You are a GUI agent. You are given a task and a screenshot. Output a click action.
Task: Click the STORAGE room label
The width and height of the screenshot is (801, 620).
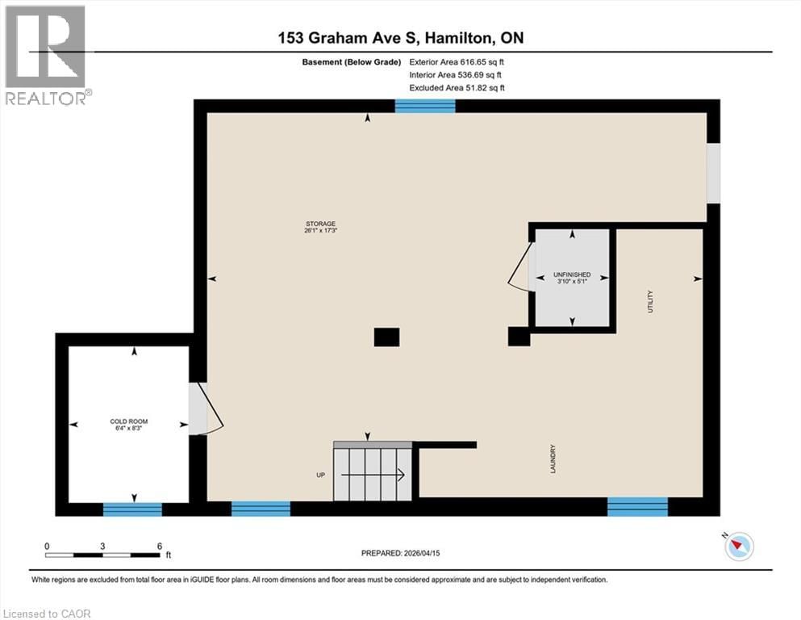coord(320,224)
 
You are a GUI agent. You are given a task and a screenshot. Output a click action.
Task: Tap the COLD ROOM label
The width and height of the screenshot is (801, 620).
coord(129,421)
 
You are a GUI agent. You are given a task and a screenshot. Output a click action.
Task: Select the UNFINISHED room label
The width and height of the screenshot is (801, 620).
coord(573,274)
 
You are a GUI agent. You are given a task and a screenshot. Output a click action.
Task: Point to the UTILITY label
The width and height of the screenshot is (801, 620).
coord(650,302)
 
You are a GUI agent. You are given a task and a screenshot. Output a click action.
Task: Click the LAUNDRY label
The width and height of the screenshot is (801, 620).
coord(553,459)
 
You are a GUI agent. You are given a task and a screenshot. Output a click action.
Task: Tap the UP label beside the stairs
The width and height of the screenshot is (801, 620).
coord(320,475)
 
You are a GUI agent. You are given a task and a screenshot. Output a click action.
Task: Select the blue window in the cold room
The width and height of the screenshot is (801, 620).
coord(132,509)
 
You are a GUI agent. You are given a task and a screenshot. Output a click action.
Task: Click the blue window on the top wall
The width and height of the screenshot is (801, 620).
coord(425,106)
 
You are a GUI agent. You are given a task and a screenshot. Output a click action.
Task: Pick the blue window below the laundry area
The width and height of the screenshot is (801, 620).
coord(637,506)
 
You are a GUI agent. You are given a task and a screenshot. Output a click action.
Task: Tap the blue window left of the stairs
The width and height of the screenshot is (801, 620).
coord(261,509)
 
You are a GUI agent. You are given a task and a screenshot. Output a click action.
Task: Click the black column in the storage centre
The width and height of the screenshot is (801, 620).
coord(387,337)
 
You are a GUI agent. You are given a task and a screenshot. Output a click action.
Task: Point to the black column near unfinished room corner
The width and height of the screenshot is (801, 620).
coord(519,337)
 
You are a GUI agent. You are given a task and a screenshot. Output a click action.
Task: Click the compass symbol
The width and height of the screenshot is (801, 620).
coord(737,547)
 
